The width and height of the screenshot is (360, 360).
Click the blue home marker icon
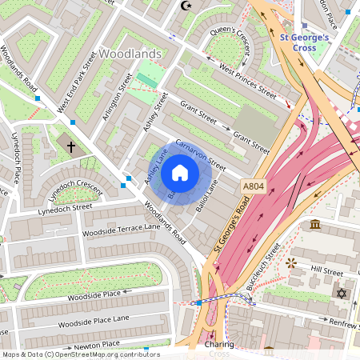pos(180,173)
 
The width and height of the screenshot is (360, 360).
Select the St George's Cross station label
pos(304,42)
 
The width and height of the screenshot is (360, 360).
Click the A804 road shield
pos(253,186)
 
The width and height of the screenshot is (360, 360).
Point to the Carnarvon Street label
pos(201,156)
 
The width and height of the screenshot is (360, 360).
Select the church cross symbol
pos(71,147)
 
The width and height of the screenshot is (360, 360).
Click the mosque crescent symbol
pos(189,6)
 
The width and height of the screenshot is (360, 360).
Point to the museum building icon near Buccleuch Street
pos(316,223)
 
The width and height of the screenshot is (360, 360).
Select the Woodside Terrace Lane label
pos(122,231)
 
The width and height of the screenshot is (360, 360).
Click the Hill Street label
pos(326,272)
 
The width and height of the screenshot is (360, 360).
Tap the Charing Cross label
pos(218,349)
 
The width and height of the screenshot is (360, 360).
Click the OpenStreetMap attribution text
pos(80,354)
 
